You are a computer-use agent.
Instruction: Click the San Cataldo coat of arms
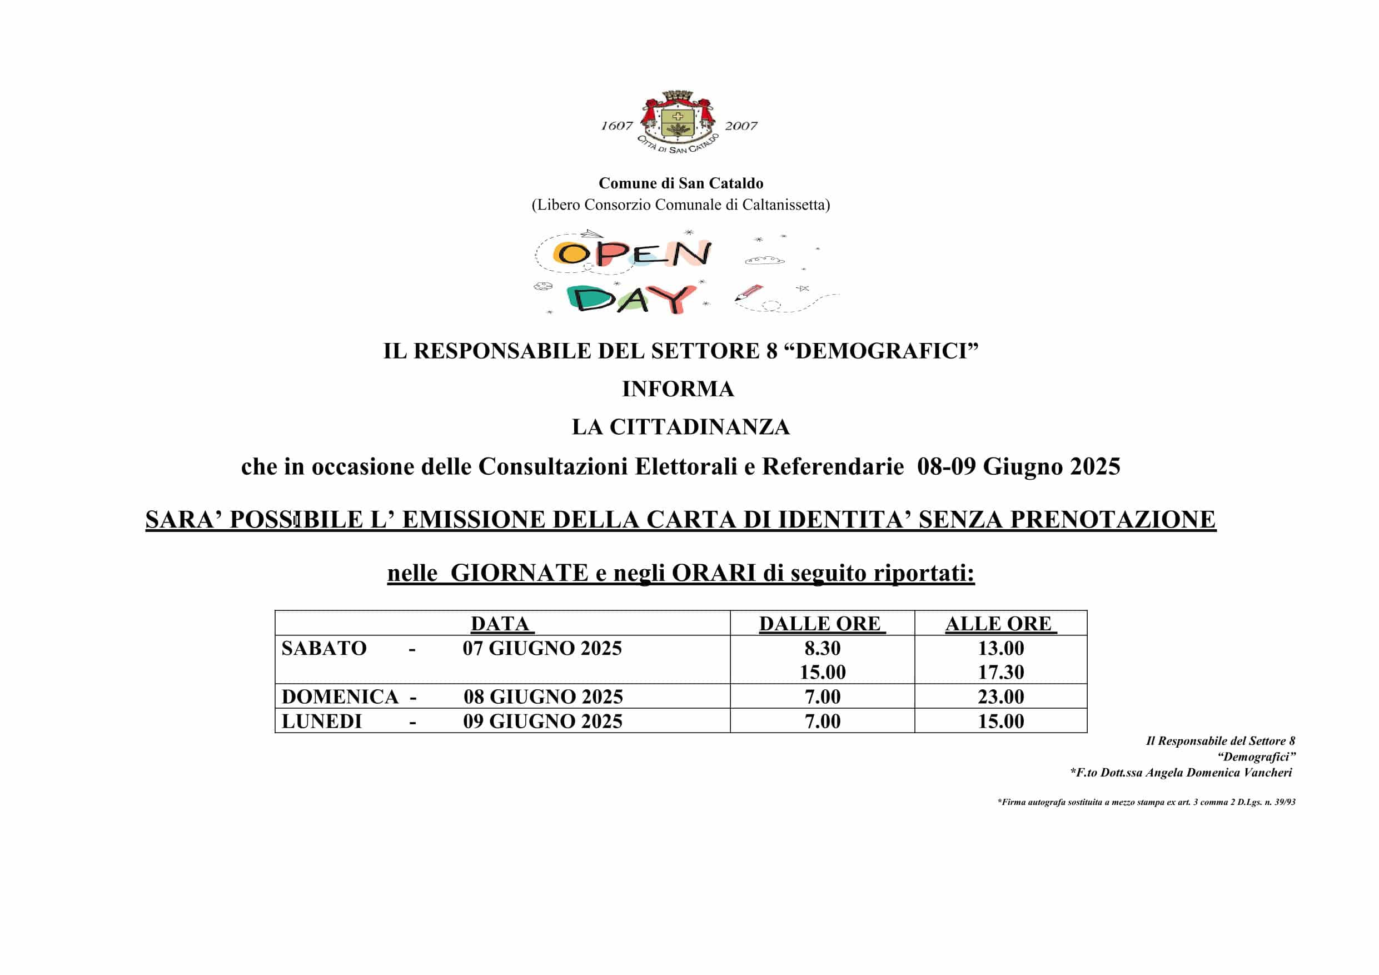click(678, 118)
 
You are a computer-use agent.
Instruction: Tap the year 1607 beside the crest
click(617, 126)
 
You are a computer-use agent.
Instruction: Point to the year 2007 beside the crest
click(740, 126)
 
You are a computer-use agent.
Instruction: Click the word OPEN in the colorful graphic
click(633, 253)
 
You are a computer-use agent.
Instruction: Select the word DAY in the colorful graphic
click(631, 299)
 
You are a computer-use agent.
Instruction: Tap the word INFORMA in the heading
click(678, 389)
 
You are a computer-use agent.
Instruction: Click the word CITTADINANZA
click(700, 427)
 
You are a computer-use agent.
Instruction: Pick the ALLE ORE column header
click(999, 624)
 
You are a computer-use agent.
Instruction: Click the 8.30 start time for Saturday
click(822, 649)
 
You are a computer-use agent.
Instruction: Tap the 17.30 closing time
click(1000, 672)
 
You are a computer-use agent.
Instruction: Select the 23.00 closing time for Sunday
click(1000, 697)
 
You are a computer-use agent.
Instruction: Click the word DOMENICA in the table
click(340, 697)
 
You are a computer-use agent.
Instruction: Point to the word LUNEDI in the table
click(322, 722)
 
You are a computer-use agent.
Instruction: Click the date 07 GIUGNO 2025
click(542, 649)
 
